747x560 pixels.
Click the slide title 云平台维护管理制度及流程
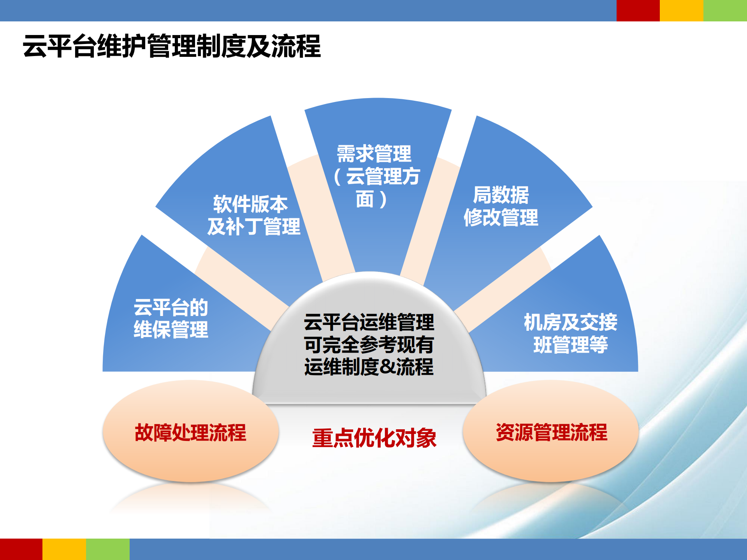[171, 46]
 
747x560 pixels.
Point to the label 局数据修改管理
[501, 206]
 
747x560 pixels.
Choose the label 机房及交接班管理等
[570, 334]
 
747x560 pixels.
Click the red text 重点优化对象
[374, 438]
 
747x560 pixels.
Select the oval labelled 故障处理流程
[190, 432]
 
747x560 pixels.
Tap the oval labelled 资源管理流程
[551, 432]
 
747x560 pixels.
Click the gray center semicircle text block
[369, 344]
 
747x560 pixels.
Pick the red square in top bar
[638, 11]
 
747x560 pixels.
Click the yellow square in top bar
[681, 11]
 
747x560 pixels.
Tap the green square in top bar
[725, 11]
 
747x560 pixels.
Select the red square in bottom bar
[21, 549]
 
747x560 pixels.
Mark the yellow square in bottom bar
[64, 549]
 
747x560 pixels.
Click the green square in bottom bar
[108, 549]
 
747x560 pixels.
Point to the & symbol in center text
[387, 367]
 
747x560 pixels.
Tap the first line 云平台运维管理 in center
[369, 322]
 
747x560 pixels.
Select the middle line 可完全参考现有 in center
[369, 344]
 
